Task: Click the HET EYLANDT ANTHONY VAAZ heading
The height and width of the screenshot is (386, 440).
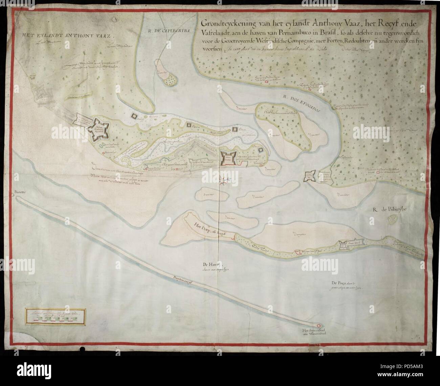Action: click(67, 35)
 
